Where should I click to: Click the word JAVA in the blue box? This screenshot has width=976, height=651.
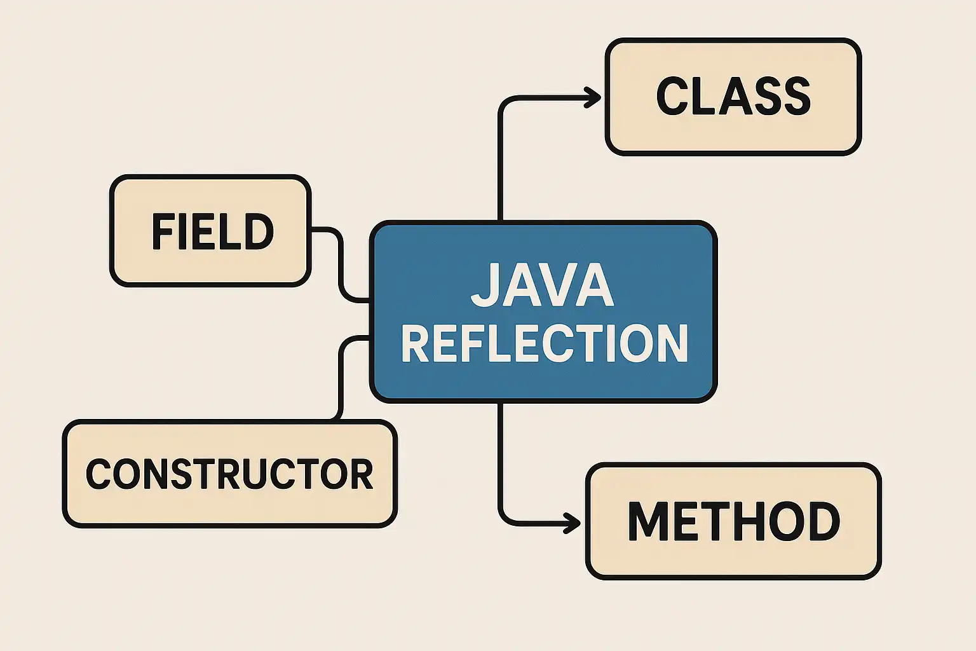pos(542,285)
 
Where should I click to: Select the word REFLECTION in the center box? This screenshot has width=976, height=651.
pos(545,343)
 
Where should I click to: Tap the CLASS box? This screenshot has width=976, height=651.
pos(733,97)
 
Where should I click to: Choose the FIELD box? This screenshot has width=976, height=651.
pos(211,230)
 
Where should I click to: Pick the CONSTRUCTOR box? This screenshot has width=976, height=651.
pos(229,474)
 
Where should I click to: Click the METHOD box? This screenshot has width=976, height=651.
pos(733,521)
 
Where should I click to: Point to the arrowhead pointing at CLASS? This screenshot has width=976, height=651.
pos(593,97)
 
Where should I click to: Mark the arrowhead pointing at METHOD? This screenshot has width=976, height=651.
pos(573,523)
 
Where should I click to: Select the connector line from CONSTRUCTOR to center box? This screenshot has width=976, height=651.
pos(341,375)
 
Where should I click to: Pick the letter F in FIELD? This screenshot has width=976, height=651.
pos(161,231)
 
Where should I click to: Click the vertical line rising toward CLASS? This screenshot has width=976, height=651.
pos(500,165)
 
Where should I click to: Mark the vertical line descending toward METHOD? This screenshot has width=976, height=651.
pos(500,458)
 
